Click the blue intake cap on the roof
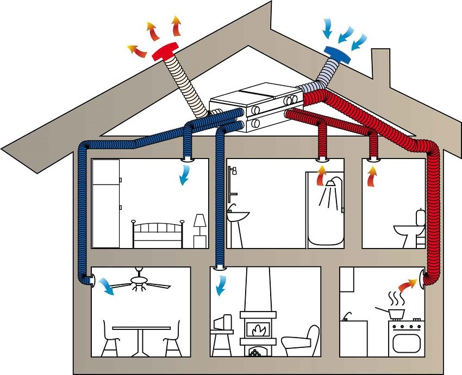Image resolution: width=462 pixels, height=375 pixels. tap(336, 52)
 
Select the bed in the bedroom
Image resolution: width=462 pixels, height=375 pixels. tap(158, 234)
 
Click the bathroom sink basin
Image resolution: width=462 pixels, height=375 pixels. tap(238, 216)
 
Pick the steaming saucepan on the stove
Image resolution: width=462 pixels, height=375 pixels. tap(395, 313)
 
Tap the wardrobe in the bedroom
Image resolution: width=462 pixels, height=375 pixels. tap(105, 203)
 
